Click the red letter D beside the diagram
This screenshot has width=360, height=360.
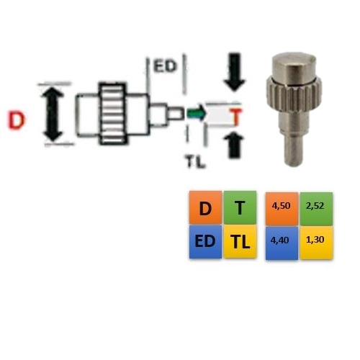pyautogui.click(x=16, y=120)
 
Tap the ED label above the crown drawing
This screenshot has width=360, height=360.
pyautogui.click(x=165, y=66)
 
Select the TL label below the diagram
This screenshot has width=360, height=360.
pyautogui.click(x=195, y=161)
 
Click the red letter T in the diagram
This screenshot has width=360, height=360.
pyautogui.click(x=236, y=117)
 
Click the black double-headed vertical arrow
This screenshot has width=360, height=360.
pyautogui.click(x=53, y=114)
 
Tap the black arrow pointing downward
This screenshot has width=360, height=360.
pyautogui.click(x=235, y=72)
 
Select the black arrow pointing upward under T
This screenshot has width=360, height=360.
pyautogui.click(x=234, y=145)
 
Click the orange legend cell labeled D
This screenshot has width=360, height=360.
pyautogui.click(x=205, y=208)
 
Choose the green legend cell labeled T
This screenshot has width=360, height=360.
pyautogui.click(x=240, y=208)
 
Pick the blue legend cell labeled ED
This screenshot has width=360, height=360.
pyautogui.click(x=205, y=241)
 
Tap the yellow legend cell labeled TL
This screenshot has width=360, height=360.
pyautogui.click(x=240, y=241)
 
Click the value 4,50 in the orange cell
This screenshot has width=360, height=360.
pyautogui.click(x=282, y=206)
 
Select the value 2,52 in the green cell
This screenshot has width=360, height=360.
pyautogui.click(x=315, y=206)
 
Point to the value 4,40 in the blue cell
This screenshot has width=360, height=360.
pyautogui.click(x=280, y=240)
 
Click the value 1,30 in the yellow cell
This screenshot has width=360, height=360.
pyautogui.click(x=315, y=240)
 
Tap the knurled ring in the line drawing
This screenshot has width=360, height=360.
pyautogui.click(x=112, y=114)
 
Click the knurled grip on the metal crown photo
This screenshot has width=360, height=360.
pyautogui.click(x=294, y=94)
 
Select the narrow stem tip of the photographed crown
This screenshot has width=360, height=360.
pyautogui.click(x=294, y=150)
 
